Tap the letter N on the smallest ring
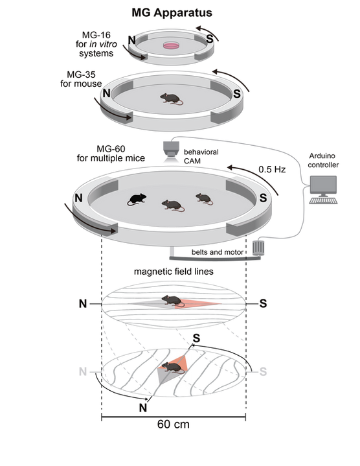[x=132, y=40]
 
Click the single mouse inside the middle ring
[x=171, y=99]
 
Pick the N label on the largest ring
[x=78, y=198]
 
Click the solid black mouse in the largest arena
[x=137, y=198]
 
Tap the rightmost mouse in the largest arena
[x=205, y=196]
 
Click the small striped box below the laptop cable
[x=256, y=248]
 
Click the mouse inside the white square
[x=171, y=368]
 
